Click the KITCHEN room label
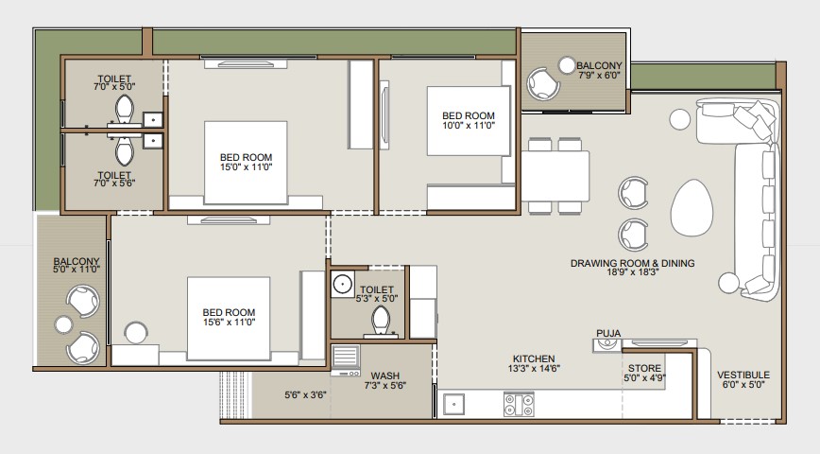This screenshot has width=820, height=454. (534, 358)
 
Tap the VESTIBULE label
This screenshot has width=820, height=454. (743, 375)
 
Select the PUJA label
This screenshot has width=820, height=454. (608, 333)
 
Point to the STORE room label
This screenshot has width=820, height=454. (644, 368)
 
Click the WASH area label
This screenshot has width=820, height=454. (384, 376)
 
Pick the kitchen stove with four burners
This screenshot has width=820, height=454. (519, 404)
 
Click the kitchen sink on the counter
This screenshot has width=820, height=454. (453, 404)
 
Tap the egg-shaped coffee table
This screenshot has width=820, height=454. (692, 208)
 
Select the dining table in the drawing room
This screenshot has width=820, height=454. (555, 176)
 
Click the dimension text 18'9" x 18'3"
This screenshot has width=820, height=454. (632, 272)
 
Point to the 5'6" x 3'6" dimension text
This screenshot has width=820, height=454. (305, 394)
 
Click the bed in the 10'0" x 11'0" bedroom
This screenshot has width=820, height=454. (468, 121)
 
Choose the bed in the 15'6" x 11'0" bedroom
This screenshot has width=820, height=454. (229, 319)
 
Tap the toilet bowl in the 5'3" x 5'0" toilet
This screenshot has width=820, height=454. (381, 321)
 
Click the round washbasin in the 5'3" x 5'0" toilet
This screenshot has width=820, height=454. (343, 285)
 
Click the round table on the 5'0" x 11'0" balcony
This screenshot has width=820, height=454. (64, 324)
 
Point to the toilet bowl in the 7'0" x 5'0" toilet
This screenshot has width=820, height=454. (125, 109)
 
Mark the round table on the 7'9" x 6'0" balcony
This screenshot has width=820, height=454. (567, 65)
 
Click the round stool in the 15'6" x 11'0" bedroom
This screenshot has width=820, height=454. (136, 333)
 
